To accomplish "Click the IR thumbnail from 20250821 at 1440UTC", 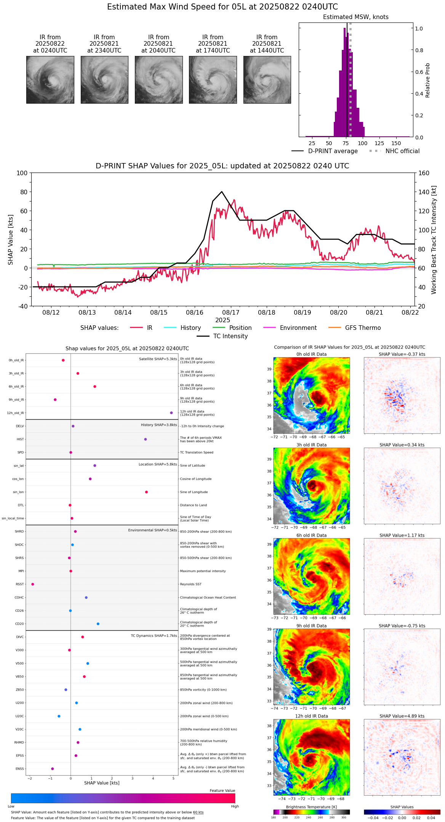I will [267, 80].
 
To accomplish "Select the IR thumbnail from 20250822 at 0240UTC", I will [50, 80].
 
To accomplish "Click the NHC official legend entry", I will [402, 151].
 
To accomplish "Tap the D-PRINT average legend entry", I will [333, 151].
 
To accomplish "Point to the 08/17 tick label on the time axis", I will [231, 312].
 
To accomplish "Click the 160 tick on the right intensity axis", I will [424, 173].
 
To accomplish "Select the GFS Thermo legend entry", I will [363, 328].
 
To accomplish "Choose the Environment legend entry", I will [298, 328].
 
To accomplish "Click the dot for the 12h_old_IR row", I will [171, 413].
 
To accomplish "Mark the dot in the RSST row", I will [33, 584].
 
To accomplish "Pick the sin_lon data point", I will [146, 492].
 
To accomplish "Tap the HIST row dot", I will [145, 439].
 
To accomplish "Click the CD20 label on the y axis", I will [19, 624].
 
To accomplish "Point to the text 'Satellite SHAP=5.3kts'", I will [158, 359].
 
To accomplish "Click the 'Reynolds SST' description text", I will [190, 584].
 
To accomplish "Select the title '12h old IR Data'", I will [311, 716].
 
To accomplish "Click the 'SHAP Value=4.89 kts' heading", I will [402, 716].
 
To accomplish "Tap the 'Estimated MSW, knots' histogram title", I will [355, 17].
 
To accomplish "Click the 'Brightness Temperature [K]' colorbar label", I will [311, 807].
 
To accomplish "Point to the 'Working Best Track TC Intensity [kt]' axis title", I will [434, 240].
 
